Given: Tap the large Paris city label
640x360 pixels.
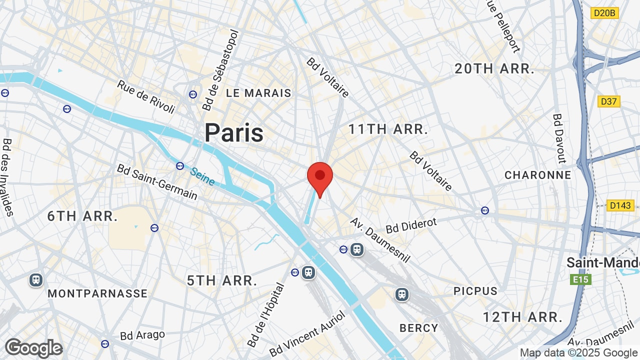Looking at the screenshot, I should point(234,133).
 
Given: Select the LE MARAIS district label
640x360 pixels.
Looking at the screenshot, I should point(258,93).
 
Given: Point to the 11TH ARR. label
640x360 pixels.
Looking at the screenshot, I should point(388,129).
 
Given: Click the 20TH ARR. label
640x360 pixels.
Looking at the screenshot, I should point(494,69).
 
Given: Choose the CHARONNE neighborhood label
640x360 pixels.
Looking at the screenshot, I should point(538,175).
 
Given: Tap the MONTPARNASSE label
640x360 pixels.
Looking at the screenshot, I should point(97,293).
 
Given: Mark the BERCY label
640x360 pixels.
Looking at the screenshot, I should point(419,328).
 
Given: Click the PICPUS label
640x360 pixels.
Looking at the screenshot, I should point(475,291).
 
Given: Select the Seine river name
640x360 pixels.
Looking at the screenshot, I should point(202,176).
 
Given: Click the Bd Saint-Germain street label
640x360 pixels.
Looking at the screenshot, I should point(157,181).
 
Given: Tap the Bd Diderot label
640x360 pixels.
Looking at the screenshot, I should point(411,225).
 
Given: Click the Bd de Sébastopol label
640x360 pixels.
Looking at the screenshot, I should point(220,69).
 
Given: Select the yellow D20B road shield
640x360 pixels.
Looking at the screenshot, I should point(604,13).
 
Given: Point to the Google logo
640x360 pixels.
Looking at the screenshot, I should point(33,348).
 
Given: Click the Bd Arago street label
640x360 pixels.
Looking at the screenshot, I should point(142,335).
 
